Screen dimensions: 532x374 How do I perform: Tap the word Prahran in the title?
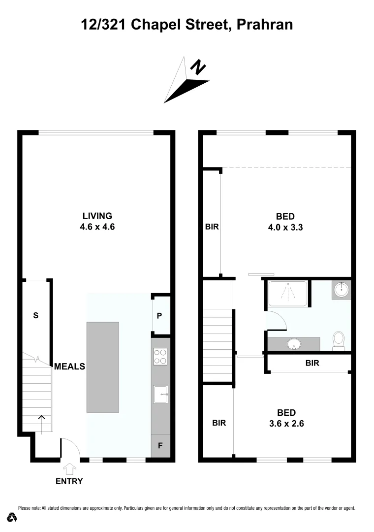coord(265,24)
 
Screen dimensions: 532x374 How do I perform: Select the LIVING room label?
coord(97,216)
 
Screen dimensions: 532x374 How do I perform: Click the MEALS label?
coord(69,366)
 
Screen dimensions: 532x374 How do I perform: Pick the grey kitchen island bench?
coord(103,367)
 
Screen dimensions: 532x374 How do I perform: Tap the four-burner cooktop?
coord(160,356)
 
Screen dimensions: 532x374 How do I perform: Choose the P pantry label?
coord(159,316)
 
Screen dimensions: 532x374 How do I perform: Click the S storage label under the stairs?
coord(35,316)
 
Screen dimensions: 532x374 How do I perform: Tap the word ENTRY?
coord(69,481)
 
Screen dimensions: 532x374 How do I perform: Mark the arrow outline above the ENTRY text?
coord(70,468)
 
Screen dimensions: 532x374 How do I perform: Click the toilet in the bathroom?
coord(339,340)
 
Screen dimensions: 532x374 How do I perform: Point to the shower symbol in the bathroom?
coord(287,294)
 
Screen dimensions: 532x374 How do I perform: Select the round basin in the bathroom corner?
coord(341,290)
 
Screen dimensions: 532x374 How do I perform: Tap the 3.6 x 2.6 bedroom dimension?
coord(286,423)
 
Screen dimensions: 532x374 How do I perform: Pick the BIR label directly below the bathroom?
coord(312,363)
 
